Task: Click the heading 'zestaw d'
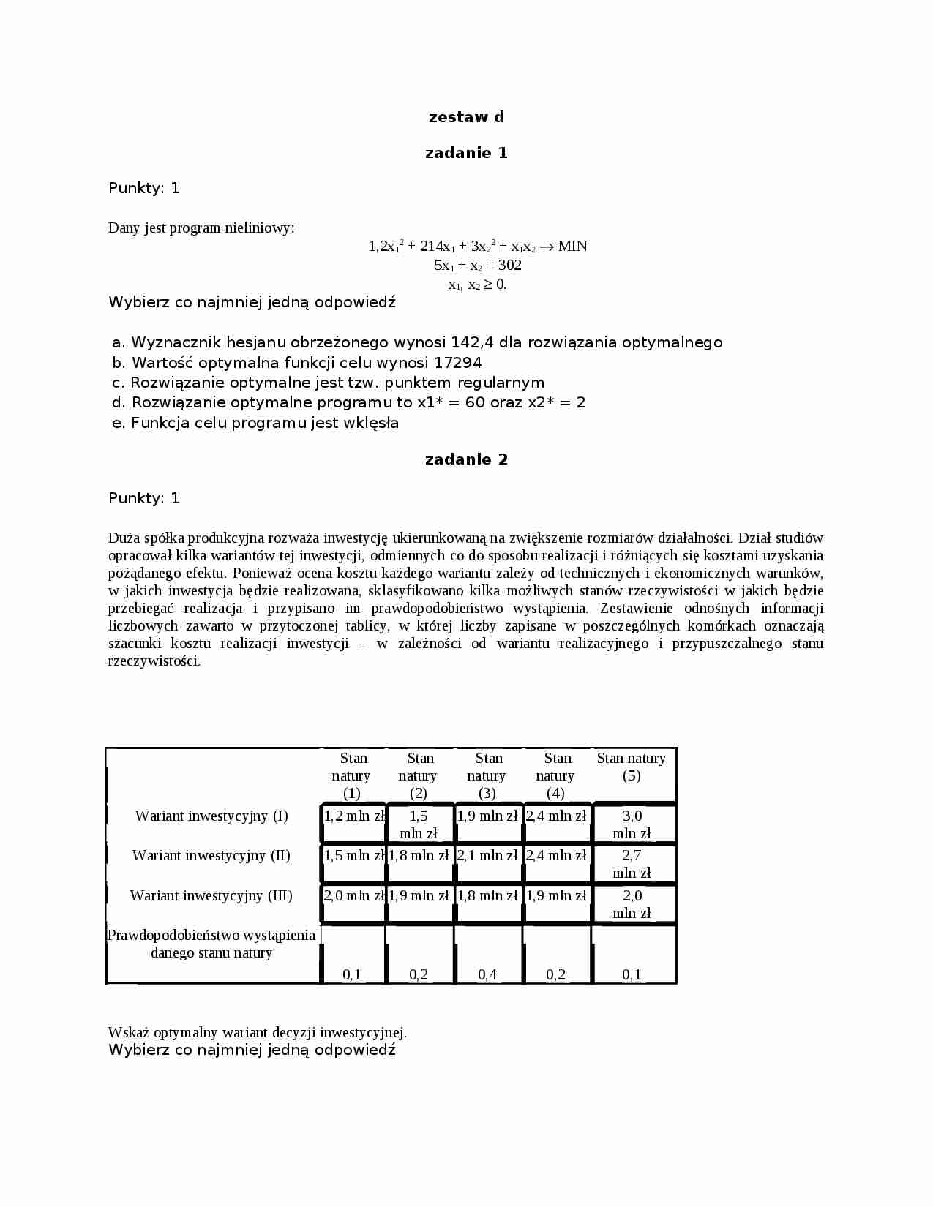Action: click(x=466, y=117)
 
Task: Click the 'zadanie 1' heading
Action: click(x=466, y=153)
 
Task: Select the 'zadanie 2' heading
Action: click(x=466, y=459)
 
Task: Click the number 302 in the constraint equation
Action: click(x=509, y=265)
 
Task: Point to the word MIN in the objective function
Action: click(x=572, y=246)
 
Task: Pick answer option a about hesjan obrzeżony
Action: click(x=417, y=342)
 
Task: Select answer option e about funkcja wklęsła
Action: click(x=255, y=423)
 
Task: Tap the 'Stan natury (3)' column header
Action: click(x=488, y=775)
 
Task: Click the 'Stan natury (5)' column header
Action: click(x=631, y=767)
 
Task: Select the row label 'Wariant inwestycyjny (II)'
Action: click(x=211, y=855)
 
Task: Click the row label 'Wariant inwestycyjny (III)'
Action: click(x=211, y=895)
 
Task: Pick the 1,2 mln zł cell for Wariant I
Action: click(x=354, y=816)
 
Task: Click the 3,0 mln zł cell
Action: click(x=632, y=824)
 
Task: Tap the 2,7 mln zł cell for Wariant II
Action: click(x=632, y=864)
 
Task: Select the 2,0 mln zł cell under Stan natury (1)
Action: click(x=354, y=895)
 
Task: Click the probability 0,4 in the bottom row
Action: click(x=487, y=974)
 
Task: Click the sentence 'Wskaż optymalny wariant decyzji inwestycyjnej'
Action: click(x=257, y=1032)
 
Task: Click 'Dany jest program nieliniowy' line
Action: click(x=201, y=228)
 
